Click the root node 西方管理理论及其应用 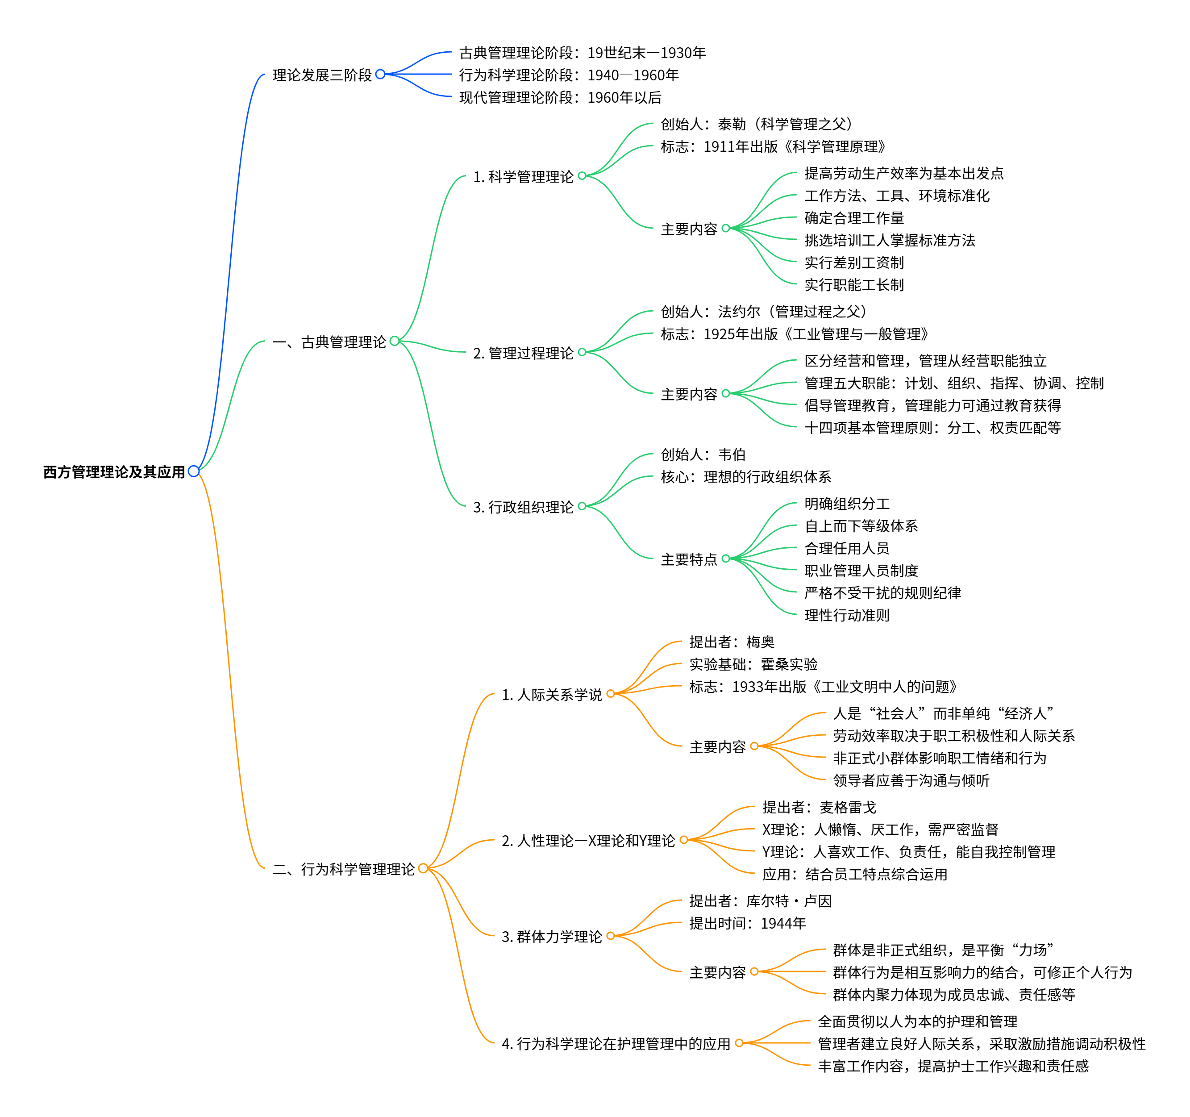tap(114, 472)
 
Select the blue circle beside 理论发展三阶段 tap(380, 74)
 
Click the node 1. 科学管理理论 tap(523, 177)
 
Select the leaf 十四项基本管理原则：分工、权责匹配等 tap(932, 427)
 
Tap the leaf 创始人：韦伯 tap(703, 454)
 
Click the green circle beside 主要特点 tap(725, 558)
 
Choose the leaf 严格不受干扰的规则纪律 tap(882, 592)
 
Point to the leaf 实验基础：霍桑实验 tap(753, 664)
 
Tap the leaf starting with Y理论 tap(908, 851)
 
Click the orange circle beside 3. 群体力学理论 tap(611, 936)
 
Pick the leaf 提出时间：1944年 tap(747, 923)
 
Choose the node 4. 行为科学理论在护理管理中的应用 tap(616, 1043)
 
